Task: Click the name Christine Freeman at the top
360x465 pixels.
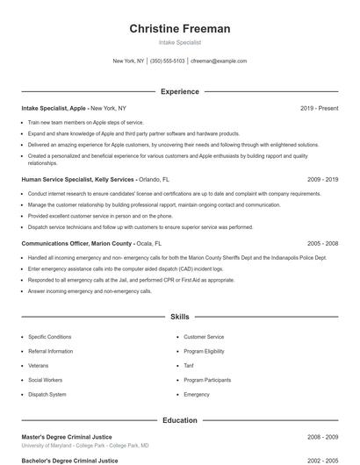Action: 180,29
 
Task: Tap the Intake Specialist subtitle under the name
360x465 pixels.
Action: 180,42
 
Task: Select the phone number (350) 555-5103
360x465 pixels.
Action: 167,61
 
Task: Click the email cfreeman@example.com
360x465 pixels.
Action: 219,61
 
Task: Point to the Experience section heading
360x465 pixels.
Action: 180,91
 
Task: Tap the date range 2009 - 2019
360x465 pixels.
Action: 322,179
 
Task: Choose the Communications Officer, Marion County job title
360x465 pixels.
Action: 76,243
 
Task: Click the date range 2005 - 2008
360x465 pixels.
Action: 322,243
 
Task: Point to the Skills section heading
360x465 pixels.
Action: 180,316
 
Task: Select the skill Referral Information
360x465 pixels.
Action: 50,351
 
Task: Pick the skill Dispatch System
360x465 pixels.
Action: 47,395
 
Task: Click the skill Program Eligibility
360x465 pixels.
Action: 204,351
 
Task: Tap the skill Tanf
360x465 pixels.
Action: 189,366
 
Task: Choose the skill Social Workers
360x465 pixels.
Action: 46,380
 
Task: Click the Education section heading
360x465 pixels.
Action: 180,420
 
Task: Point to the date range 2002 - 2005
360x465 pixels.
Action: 322,460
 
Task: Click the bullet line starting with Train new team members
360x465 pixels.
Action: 85,123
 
